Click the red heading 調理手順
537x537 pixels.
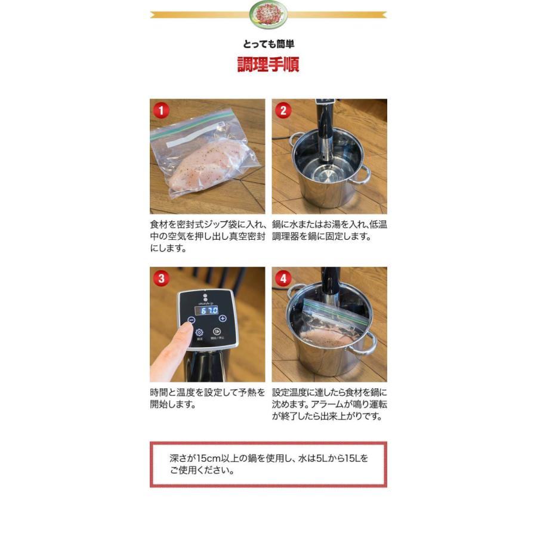tap(268, 64)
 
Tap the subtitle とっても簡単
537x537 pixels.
tap(268, 44)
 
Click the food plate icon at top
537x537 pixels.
tap(268, 14)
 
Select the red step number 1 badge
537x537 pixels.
tap(161, 110)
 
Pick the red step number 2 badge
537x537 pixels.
tap(283, 110)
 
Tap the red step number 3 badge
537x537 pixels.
tap(161, 278)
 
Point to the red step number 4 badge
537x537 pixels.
tap(283, 278)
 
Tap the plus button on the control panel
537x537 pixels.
tap(223, 319)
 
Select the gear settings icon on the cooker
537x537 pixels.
tap(199, 332)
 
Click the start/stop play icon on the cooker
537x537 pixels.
tap(217, 332)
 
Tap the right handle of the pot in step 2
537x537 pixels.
tap(362, 174)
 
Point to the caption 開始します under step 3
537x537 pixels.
tap(173, 405)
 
